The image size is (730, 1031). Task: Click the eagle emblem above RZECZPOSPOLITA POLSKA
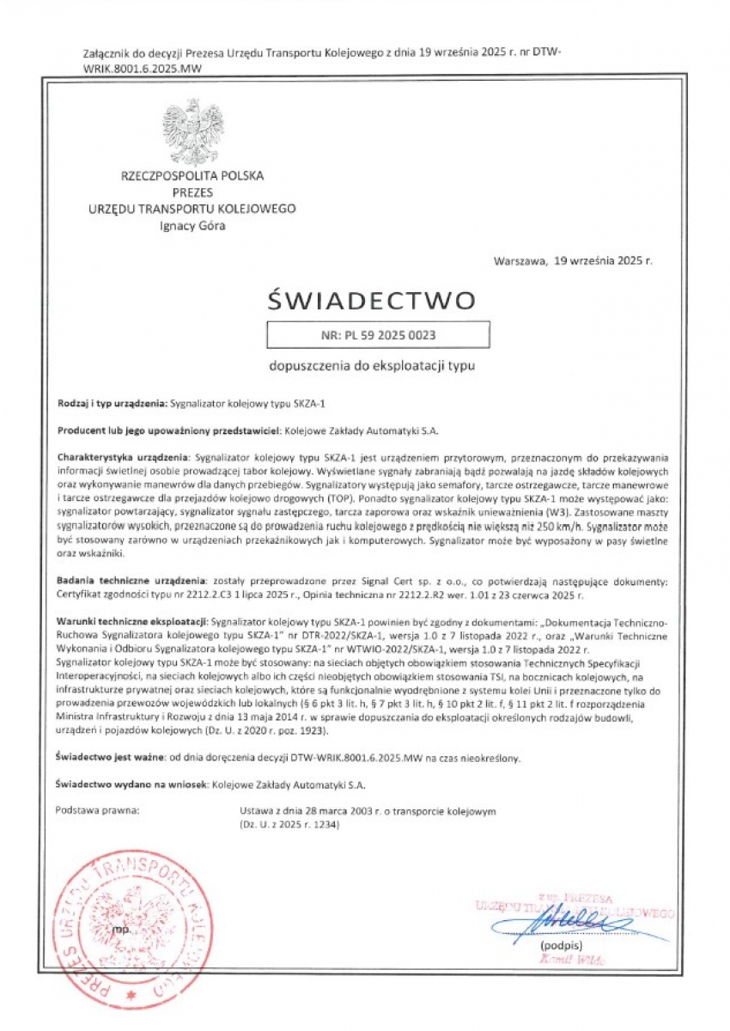192,132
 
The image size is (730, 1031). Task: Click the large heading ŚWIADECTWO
371,301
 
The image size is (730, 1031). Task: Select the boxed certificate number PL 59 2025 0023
378,335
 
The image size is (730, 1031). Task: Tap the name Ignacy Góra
192,226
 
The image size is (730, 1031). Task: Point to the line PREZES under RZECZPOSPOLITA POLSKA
192,192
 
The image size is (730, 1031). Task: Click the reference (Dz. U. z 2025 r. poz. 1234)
290,824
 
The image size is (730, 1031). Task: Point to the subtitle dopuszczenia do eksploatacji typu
371,365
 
